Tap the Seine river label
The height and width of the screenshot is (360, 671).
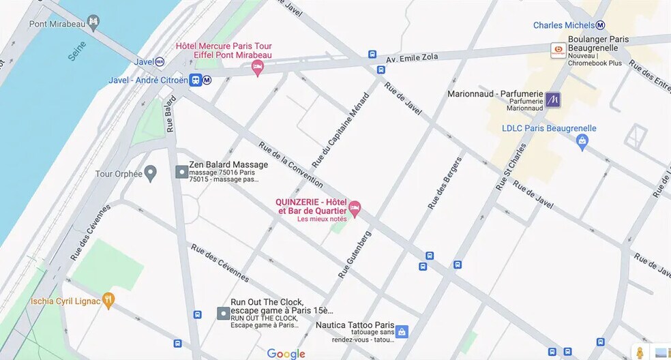pos(77,50)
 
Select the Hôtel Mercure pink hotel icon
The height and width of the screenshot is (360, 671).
pos(257,67)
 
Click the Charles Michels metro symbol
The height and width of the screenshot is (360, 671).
pos(600,25)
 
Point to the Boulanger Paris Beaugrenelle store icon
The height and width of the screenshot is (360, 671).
pos(558,50)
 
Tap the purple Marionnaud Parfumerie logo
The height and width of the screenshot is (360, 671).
pos(553,100)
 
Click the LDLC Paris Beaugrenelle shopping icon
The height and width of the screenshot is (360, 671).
pos(582,142)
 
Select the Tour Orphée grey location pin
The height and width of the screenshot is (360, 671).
pos(150,173)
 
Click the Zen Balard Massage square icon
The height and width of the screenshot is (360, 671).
pos(181,172)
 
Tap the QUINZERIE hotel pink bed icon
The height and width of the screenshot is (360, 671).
pos(355,207)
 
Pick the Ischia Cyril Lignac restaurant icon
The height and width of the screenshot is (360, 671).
pos(108,300)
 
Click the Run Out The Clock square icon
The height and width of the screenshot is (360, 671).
pos(222,314)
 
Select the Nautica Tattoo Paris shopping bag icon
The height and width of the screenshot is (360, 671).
pos(402,331)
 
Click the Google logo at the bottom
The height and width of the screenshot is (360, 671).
pos(286,353)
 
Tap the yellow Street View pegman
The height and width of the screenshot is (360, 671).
pos(640,352)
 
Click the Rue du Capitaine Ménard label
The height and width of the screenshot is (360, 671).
pos(340,131)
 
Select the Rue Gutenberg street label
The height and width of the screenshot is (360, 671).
pos(355,254)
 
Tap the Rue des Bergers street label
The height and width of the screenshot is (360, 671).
pos(445,183)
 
